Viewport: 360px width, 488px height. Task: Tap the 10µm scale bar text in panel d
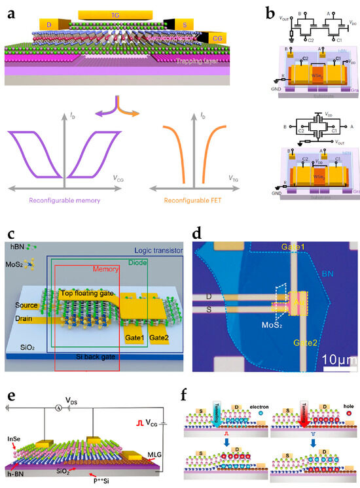(330, 359)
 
